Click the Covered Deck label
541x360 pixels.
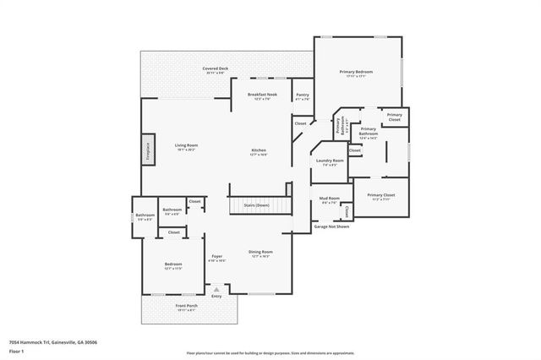point(215,68)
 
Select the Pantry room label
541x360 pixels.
point(302,95)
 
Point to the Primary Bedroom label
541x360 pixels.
point(356,73)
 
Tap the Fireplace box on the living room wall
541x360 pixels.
point(148,150)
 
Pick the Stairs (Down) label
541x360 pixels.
point(256,205)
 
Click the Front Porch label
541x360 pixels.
point(186,305)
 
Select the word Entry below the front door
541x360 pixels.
point(216,296)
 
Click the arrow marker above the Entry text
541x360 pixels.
point(216,288)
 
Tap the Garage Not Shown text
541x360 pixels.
point(332,226)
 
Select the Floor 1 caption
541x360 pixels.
point(16,352)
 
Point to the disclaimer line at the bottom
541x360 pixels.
point(270,352)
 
